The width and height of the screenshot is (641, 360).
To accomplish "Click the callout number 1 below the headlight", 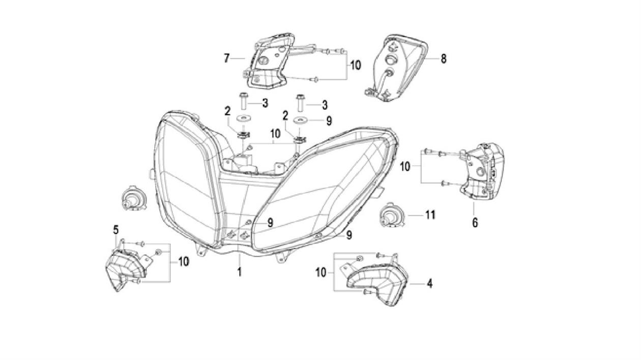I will (x=239, y=272).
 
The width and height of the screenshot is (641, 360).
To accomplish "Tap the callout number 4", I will (x=430, y=284).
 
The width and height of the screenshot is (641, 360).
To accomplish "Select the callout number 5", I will (x=116, y=230).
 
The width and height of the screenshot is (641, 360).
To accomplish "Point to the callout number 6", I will (x=475, y=222).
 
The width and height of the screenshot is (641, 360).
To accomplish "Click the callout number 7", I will (x=227, y=58).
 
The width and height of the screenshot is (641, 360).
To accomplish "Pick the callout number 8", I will (x=444, y=59).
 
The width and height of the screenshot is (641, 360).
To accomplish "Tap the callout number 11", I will (x=430, y=216).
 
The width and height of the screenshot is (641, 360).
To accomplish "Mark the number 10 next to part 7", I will (x=356, y=65).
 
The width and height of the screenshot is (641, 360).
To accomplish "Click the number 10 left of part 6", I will (x=405, y=166).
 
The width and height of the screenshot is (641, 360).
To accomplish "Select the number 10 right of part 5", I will (x=183, y=261).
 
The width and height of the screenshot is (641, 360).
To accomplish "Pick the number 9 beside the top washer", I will (x=329, y=121).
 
